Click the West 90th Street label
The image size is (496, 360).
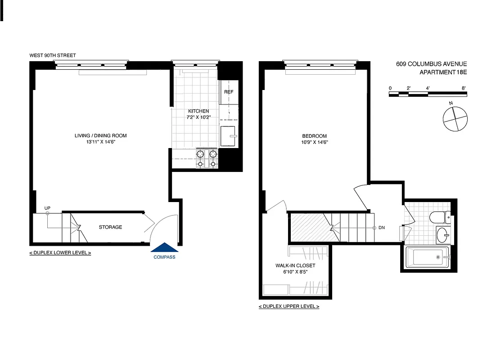pyautogui.click(x=53, y=55)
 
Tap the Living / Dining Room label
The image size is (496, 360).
pyautogui.click(x=100, y=135)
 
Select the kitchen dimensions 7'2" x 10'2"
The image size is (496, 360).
pyautogui.click(x=198, y=117)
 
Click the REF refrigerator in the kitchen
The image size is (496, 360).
pyautogui.click(x=229, y=92)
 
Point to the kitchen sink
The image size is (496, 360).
pyautogui.click(x=229, y=136)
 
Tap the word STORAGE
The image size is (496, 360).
pyautogui.click(x=110, y=227)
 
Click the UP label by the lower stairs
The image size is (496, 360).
pyautogui.click(x=47, y=208)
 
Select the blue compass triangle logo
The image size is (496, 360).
pyautogui.click(x=164, y=247)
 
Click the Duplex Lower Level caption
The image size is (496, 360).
pyautogui.click(x=60, y=253)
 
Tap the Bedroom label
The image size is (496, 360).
pyautogui.click(x=314, y=136)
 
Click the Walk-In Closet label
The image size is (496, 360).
pyautogui.click(x=295, y=265)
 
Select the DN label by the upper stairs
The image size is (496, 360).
pyautogui.click(x=381, y=228)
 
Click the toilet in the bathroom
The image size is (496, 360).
pyautogui.click(x=439, y=218)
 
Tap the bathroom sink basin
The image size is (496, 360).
pyautogui.click(x=442, y=235)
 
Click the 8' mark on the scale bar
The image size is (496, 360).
pyautogui.click(x=463, y=88)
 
